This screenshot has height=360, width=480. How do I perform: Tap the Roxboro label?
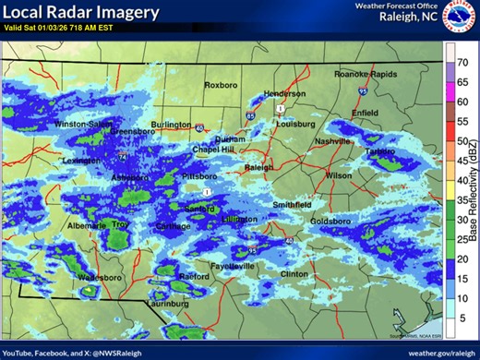221,85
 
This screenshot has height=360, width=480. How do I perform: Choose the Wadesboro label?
100,277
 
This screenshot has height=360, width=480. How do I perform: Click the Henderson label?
283,94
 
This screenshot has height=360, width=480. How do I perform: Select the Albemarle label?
86,225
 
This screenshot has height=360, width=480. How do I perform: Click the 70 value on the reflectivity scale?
463,62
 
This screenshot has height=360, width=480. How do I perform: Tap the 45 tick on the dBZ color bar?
463,160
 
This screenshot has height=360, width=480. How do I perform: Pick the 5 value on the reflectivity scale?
463,317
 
